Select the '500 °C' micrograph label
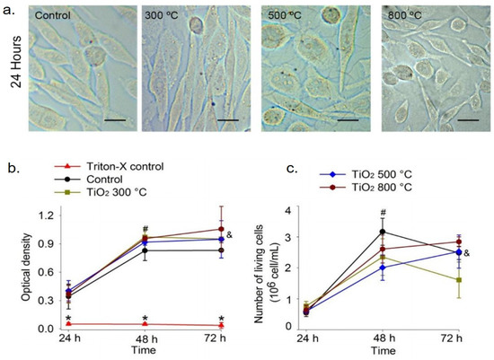pos(287,17)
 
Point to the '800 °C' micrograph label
pos(404,17)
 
